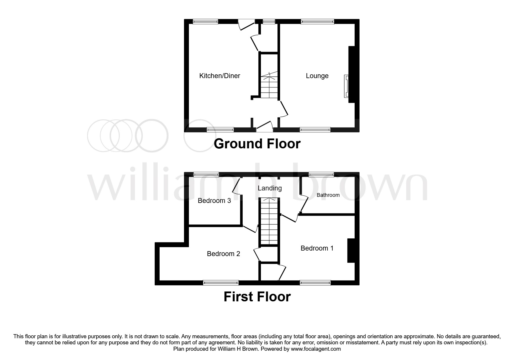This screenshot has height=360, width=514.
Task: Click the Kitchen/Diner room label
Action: (x=219, y=76)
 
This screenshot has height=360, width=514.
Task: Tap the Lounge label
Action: (x=317, y=76)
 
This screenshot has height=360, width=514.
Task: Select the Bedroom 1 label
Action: (x=317, y=248)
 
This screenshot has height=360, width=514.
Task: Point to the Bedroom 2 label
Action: (x=223, y=254)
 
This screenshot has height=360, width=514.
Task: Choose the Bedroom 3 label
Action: (x=214, y=201)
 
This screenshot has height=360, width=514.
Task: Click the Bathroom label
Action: (x=328, y=195)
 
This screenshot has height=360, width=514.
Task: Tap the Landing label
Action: (x=270, y=188)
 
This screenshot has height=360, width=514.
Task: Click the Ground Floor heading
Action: (x=257, y=144)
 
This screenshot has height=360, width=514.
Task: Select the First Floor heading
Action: (x=257, y=297)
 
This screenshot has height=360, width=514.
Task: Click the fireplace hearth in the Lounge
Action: (x=346, y=86)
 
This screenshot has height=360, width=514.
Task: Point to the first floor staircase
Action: (x=269, y=222)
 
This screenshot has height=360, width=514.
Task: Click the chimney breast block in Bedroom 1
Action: (x=351, y=251)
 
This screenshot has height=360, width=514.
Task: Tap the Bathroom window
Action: (x=321, y=174)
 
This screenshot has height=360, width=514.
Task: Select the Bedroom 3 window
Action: (x=206, y=174)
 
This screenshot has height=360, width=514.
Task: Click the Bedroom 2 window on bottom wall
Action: (x=221, y=282)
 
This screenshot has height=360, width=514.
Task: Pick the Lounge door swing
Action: (x=284, y=110)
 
